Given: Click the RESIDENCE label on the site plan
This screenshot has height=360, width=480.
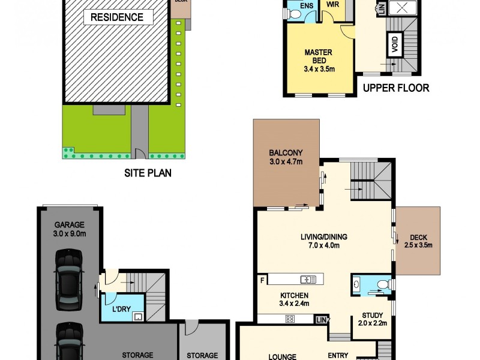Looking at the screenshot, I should pyautogui.click(x=116, y=17).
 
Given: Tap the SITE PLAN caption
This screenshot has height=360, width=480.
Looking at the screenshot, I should pyautogui.click(x=148, y=173).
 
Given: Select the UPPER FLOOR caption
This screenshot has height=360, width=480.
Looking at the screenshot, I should pyautogui.click(x=396, y=88).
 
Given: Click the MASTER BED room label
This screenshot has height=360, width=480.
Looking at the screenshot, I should pyautogui.click(x=319, y=61).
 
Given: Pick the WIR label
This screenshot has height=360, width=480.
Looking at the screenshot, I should pyautogui.click(x=332, y=4).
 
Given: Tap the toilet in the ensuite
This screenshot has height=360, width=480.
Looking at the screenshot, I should pyautogui.click(x=295, y=15).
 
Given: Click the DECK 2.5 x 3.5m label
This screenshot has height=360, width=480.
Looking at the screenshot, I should pyautogui.click(x=418, y=241).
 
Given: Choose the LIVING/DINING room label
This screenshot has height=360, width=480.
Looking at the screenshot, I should pyautogui.click(x=324, y=241).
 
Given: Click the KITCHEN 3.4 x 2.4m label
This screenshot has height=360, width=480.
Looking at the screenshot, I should pyautogui.click(x=294, y=299).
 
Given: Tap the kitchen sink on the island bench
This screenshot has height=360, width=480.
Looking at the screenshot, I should pyautogui.click(x=308, y=279).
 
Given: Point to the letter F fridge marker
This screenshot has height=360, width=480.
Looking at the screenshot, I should pyautogui.click(x=262, y=280).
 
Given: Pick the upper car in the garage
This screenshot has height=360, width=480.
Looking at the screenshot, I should pyautogui.click(x=68, y=280).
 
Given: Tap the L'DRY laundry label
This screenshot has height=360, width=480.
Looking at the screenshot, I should pyautogui.click(x=122, y=309).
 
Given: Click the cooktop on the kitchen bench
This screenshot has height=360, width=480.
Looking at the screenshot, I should pyautogui.click(x=290, y=319).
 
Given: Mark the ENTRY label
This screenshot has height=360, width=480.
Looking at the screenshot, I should pyautogui.click(x=339, y=355).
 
